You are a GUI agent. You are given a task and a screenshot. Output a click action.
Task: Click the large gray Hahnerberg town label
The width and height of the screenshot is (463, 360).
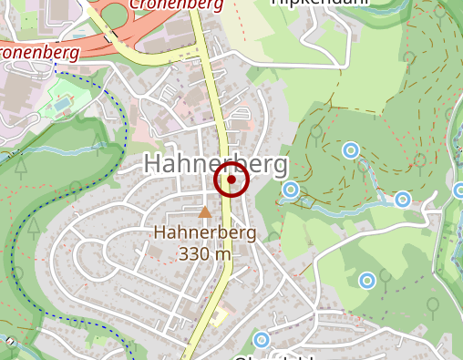tap(215, 164)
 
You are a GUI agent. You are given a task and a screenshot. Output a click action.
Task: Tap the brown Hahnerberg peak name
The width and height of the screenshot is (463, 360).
tap(205, 233)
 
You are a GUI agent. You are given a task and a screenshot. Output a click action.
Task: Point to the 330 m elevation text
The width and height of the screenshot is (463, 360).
tap(205, 253)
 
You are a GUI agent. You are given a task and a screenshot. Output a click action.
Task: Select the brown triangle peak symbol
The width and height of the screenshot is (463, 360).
tap(205, 212)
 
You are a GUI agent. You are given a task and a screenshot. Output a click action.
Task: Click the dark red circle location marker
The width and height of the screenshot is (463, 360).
tap(231, 181)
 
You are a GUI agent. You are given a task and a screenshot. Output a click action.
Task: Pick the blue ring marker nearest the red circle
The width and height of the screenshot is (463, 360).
tap(291, 190)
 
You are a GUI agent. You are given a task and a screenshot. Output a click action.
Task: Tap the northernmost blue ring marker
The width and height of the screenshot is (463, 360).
tap(349, 149)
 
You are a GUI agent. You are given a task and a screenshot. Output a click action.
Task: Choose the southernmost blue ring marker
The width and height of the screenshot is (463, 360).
tap(262, 341)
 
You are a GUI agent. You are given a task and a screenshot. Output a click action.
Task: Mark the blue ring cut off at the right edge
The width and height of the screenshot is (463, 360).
tap(458, 190)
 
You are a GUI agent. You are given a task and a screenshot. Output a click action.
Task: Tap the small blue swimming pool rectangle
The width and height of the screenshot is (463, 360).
tap(60, 105)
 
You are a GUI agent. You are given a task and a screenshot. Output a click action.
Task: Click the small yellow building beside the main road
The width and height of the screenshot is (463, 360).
tap(219, 317)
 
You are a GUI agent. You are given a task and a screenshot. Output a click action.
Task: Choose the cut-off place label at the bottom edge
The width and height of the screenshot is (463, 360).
tap(273, 356)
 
